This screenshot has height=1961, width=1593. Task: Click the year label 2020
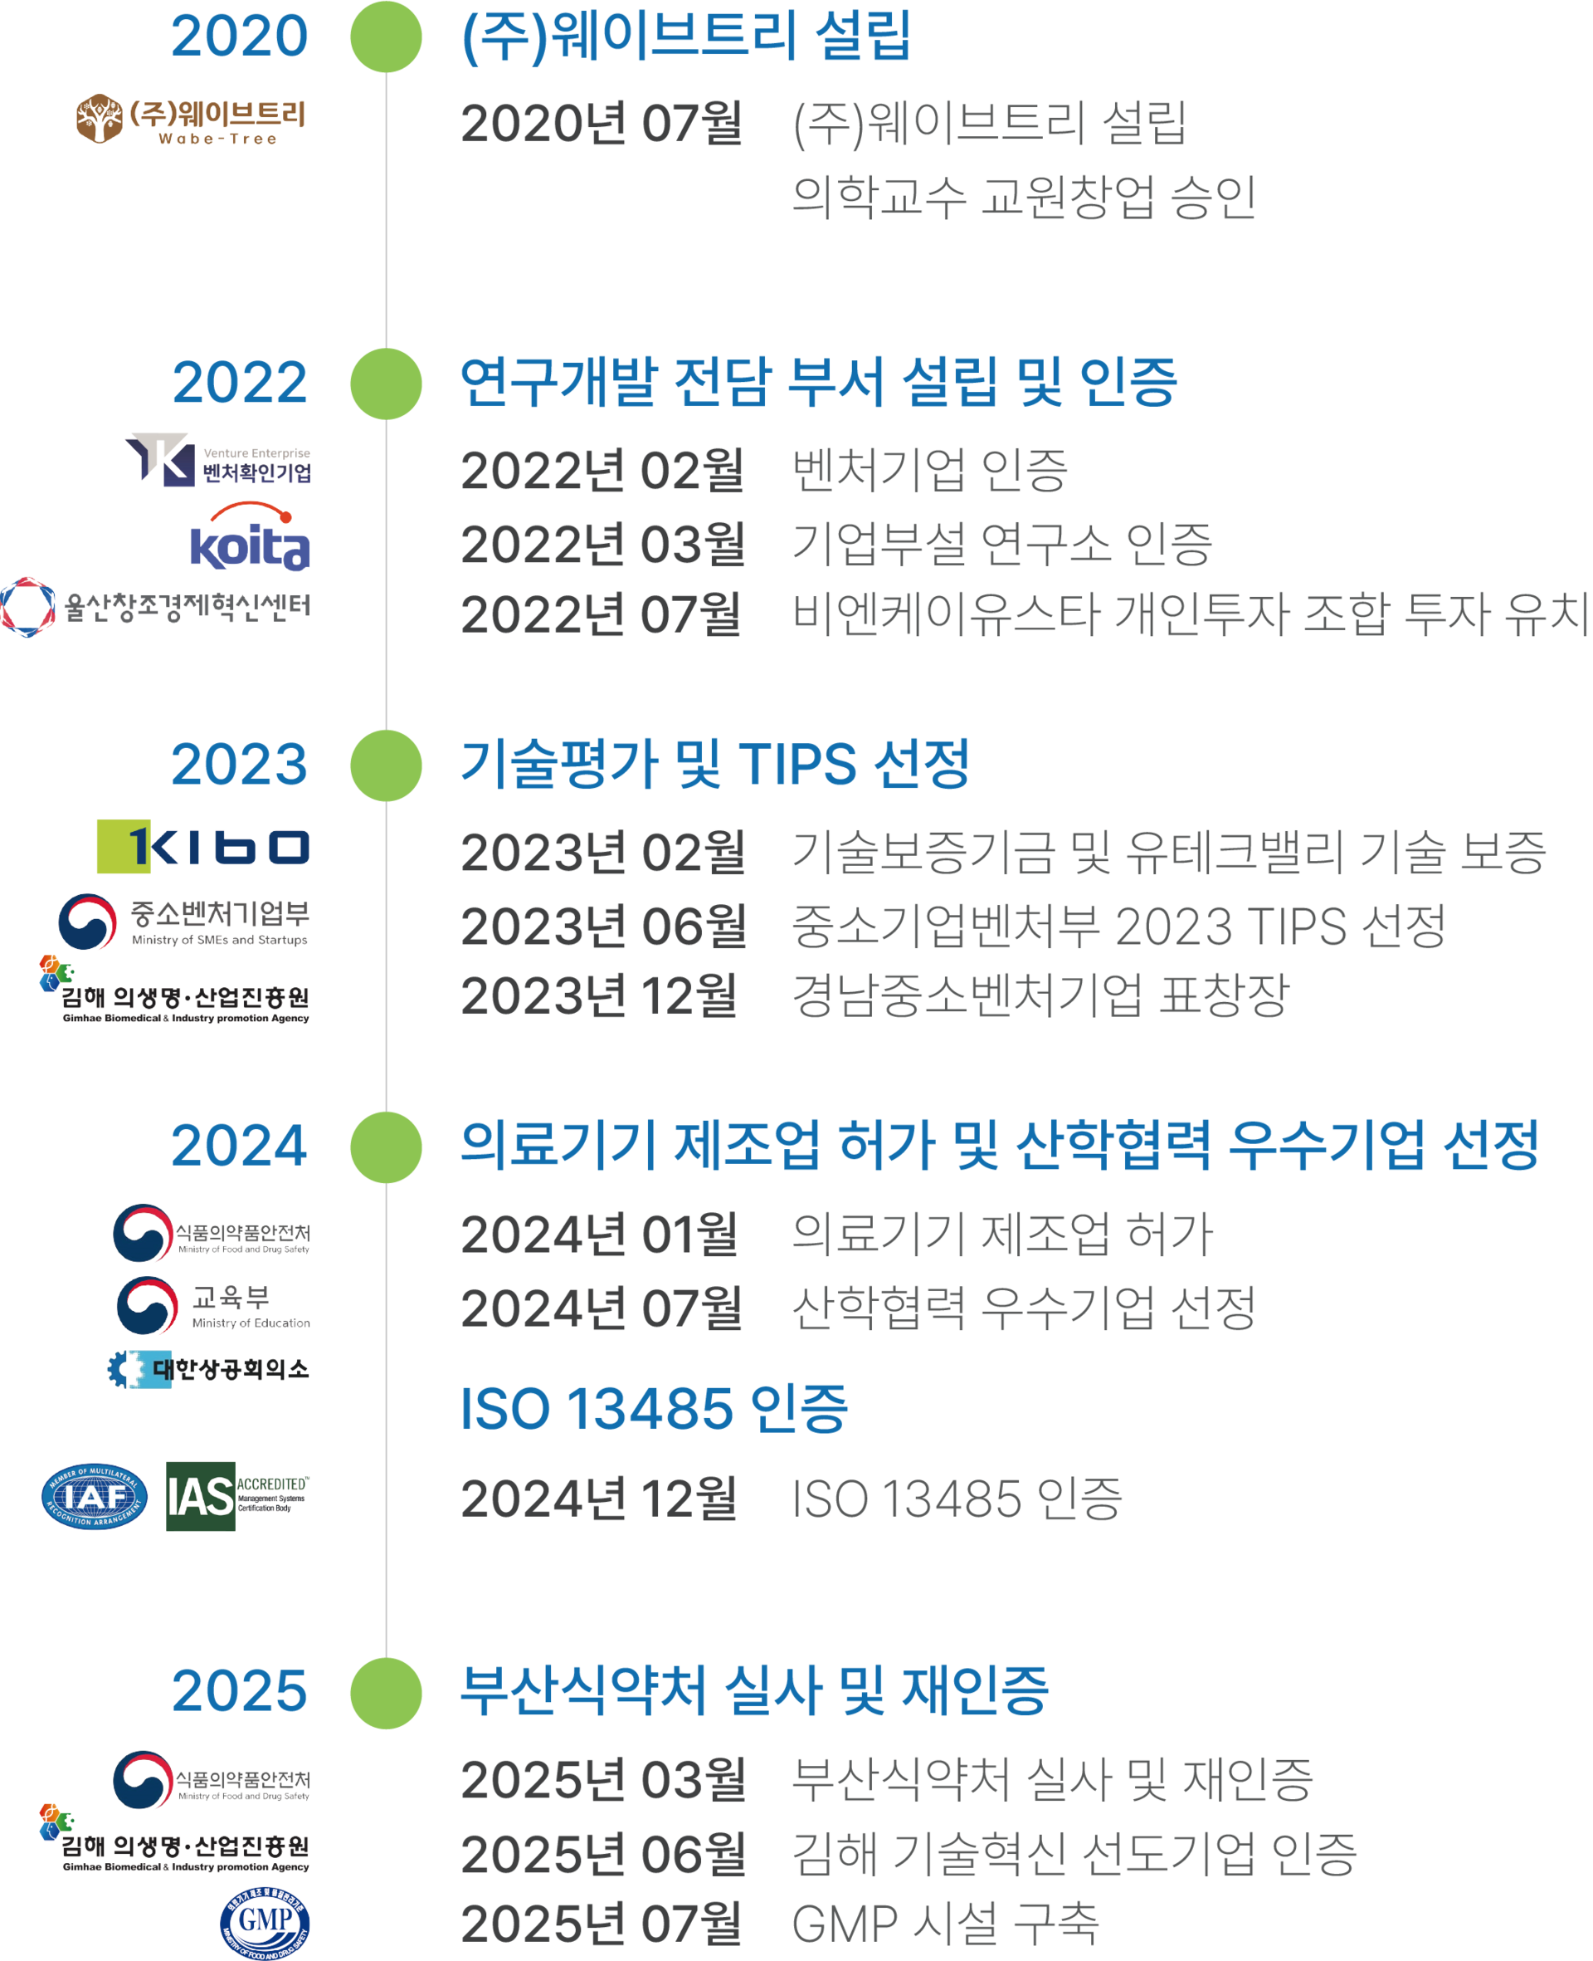(x=240, y=37)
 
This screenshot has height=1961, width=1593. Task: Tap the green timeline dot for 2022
(x=386, y=384)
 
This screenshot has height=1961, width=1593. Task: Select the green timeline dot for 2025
(x=386, y=1693)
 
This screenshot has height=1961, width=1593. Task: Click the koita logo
(x=250, y=537)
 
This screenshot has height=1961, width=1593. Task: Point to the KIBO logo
(x=202, y=847)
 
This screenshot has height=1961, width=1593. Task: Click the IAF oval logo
(x=95, y=1496)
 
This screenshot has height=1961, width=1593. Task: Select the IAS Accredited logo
(x=237, y=1496)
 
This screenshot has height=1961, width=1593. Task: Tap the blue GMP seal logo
(x=265, y=1923)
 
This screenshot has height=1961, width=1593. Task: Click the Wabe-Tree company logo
(x=190, y=119)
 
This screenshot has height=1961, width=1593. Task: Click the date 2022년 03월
(x=602, y=545)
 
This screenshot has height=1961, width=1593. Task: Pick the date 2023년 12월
(x=598, y=996)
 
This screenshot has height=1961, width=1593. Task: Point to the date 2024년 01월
(x=598, y=1235)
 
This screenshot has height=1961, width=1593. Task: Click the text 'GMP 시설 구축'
(x=944, y=1924)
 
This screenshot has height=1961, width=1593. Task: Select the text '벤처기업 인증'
(x=929, y=471)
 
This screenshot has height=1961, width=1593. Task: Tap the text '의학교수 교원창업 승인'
(x=1023, y=198)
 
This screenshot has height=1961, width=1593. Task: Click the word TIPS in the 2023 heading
(x=796, y=764)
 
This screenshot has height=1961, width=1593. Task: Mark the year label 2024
(x=240, y=1147)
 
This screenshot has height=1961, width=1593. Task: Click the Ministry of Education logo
(x=213, y=1304)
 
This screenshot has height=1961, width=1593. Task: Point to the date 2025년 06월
(x=602, y=1854)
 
